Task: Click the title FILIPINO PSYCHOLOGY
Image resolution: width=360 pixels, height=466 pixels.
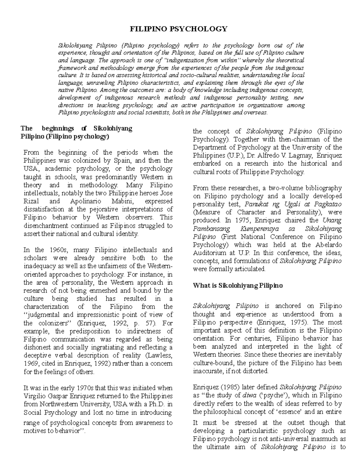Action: [178, 29]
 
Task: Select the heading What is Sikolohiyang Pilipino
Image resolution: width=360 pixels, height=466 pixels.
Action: [238, 285]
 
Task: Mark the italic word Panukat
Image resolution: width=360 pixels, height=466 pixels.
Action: [256, 204]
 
